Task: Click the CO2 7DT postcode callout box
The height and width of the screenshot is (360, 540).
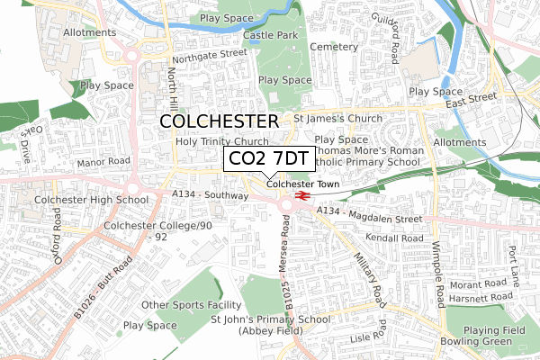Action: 269,159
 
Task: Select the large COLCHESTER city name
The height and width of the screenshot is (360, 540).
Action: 219,121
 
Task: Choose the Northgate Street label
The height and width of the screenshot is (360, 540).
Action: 209,54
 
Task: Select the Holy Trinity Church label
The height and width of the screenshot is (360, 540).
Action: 222,142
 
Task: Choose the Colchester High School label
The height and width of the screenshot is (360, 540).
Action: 91,200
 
